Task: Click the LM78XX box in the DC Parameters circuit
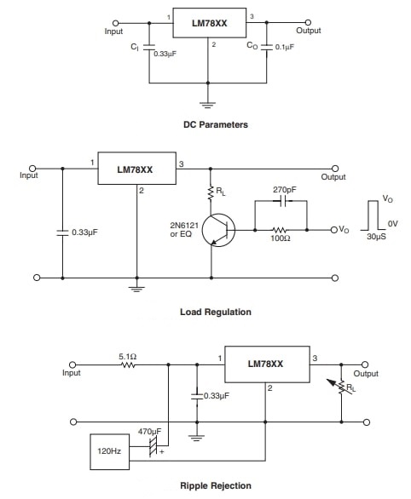[208, 25]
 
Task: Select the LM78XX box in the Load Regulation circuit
[135, 169]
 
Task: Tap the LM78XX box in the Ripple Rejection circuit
[265, 363]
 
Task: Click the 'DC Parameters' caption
[216, 124]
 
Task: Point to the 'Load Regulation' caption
[216, 312]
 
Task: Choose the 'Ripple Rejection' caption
[216, 485]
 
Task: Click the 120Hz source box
[108, 451]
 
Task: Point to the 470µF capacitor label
[151, 432]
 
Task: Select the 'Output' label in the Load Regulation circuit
[333, 177]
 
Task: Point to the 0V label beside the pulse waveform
[392, 222]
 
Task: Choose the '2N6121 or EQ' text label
[186, 229]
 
